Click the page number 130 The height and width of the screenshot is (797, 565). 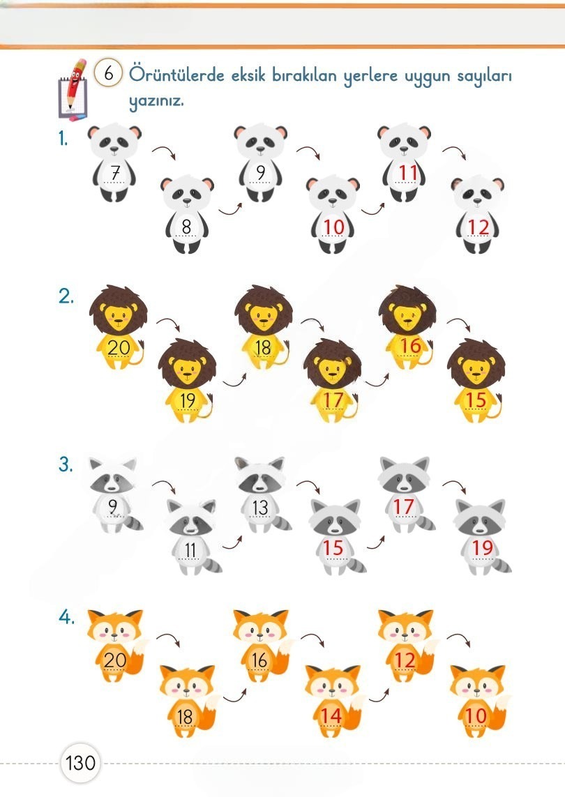[80, 762]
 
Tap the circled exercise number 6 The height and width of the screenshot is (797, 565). [108, 74]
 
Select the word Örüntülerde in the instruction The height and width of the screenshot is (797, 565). [176, 75]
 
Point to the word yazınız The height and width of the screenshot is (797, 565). [156, 101]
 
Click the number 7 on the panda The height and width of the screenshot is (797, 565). [115, 173]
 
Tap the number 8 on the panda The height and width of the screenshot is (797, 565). [187, 227]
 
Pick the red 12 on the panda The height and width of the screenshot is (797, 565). [479, 227]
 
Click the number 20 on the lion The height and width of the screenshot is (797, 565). [119, 348]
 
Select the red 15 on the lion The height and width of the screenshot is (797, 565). [476, 400]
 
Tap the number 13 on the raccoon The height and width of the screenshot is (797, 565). [260, 507]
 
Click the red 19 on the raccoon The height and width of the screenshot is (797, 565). [483, 547]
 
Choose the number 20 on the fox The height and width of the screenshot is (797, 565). [115, 660]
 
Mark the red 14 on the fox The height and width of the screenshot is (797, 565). [331, 715]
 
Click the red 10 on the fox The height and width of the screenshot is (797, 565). [476, 715]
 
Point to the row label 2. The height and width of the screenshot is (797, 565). [66, 296]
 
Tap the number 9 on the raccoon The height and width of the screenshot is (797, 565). [113, 507]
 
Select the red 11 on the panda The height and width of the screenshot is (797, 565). [408, 173]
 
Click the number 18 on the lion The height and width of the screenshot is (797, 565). [263, 348]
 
